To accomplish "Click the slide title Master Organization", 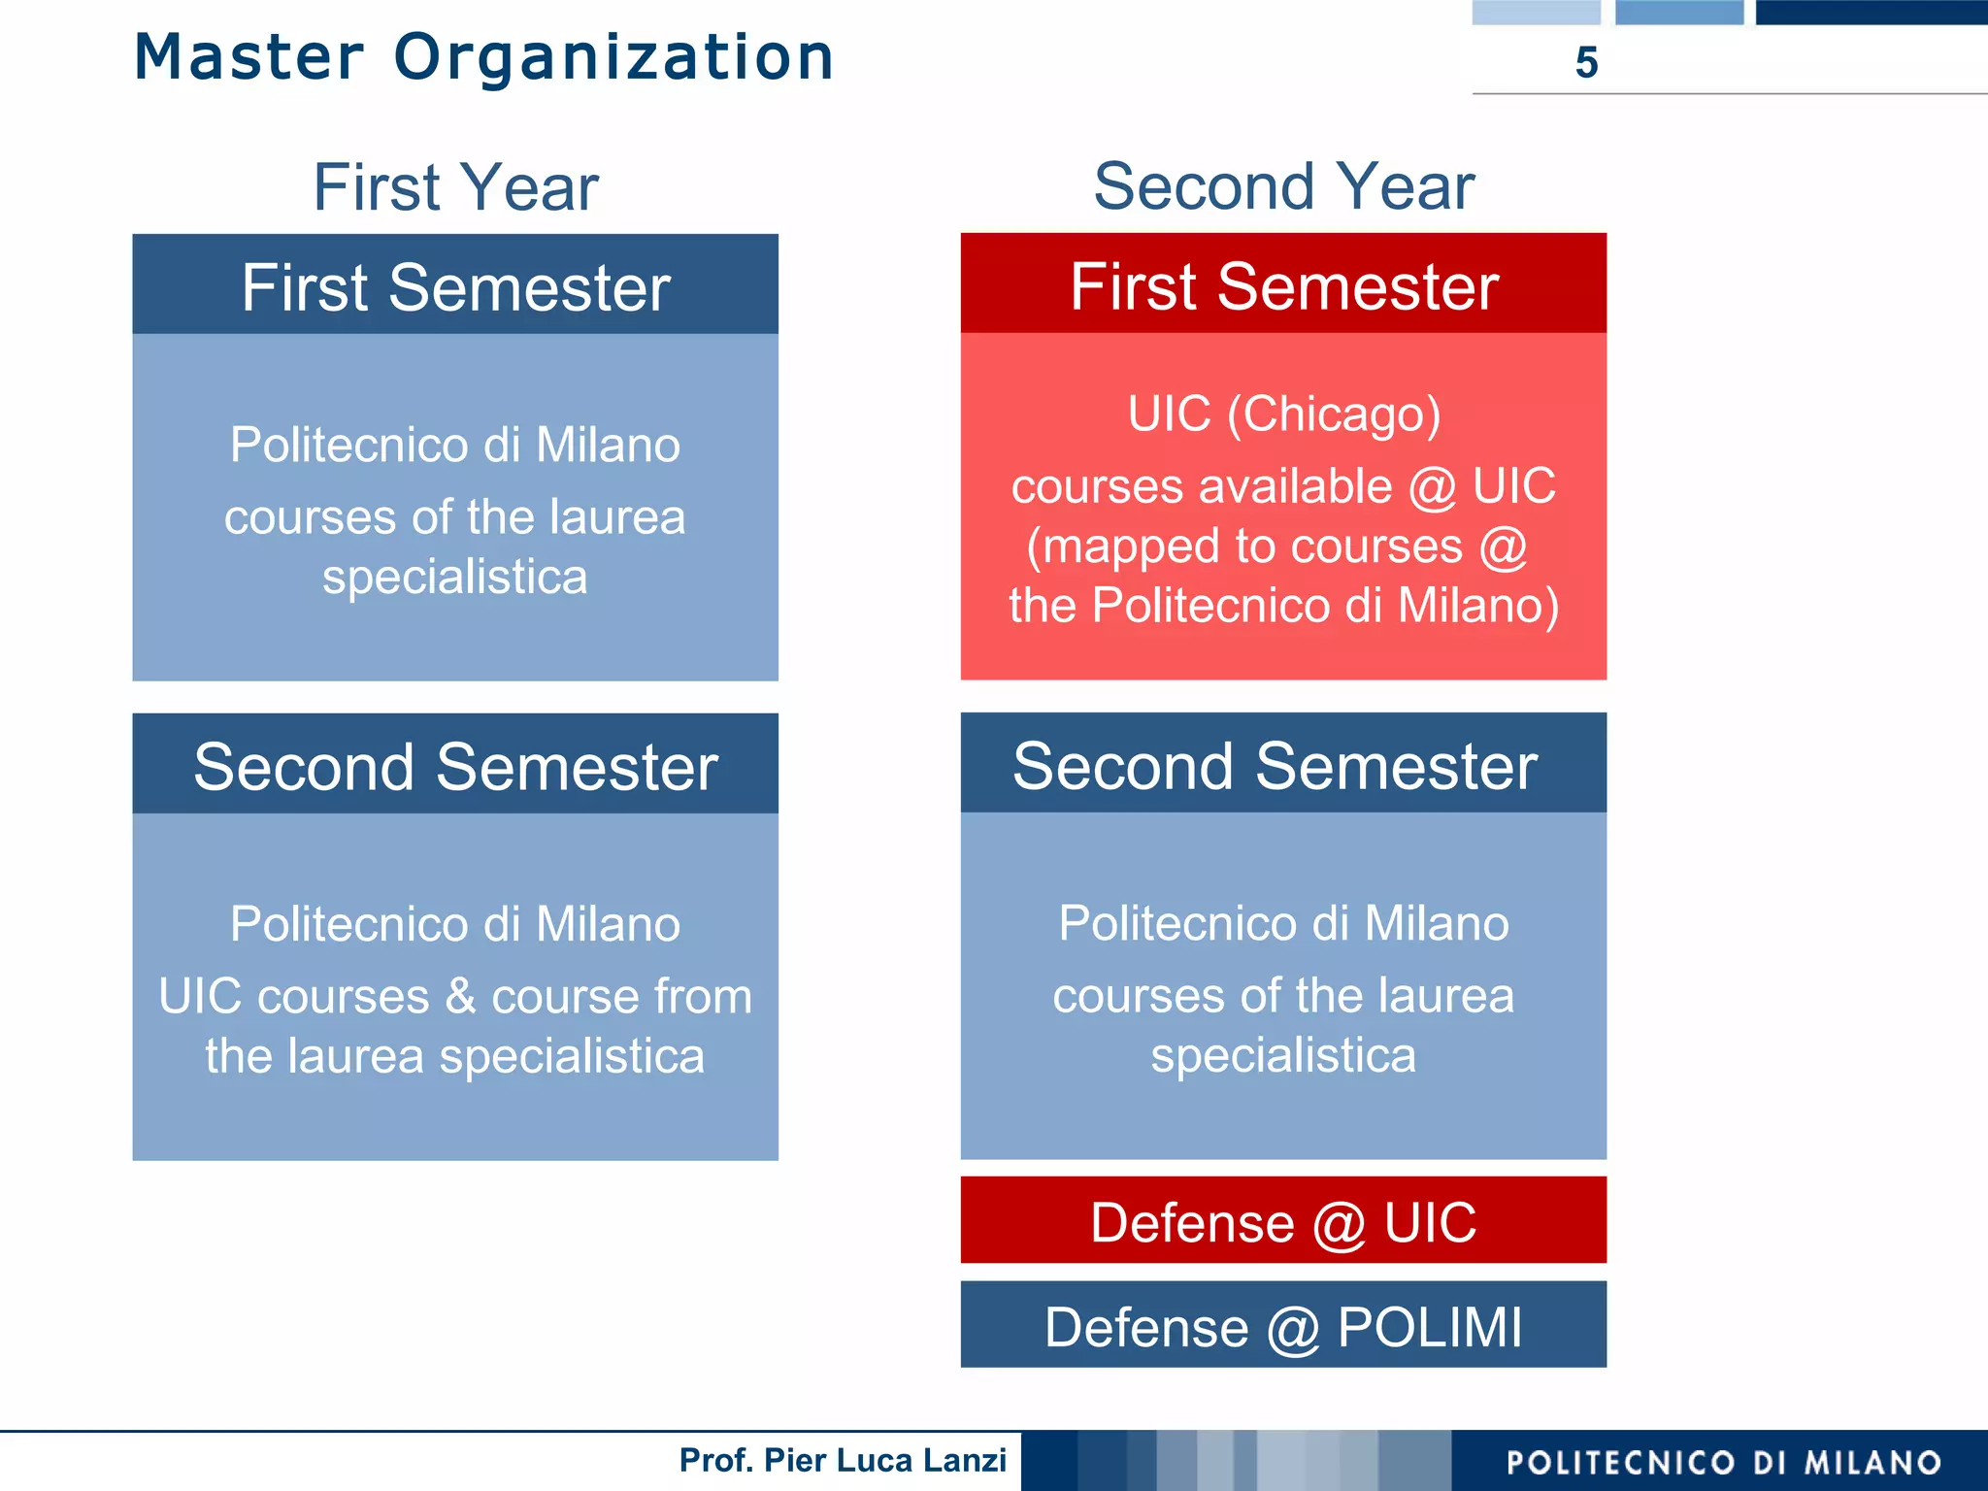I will (483, 57).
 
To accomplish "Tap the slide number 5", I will (1586, 63).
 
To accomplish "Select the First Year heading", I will (455, 186).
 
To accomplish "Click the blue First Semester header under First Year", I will (455, 286).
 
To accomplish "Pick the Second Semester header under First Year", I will (455, 766).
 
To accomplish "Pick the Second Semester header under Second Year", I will (1275, 765).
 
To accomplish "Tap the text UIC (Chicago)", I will (1283, 414).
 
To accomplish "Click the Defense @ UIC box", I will (1283, 1220).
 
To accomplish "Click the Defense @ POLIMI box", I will (1283, 1325).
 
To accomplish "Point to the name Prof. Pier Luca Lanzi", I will (843, 1460).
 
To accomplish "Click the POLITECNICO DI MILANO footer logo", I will (1723, 1462).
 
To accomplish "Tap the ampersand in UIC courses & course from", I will (460, 997).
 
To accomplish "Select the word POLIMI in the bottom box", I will (1430, 1326).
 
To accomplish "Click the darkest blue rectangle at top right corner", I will (1871, 12).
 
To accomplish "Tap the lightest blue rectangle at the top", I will (1536, 12).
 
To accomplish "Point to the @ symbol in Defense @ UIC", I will (1339, 1222).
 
